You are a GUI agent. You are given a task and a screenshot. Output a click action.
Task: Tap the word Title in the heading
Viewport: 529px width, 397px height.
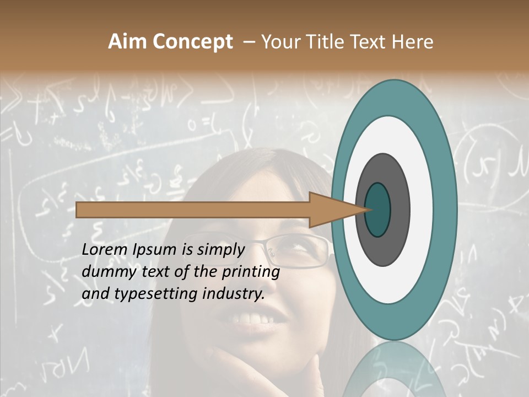coord(320,42)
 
